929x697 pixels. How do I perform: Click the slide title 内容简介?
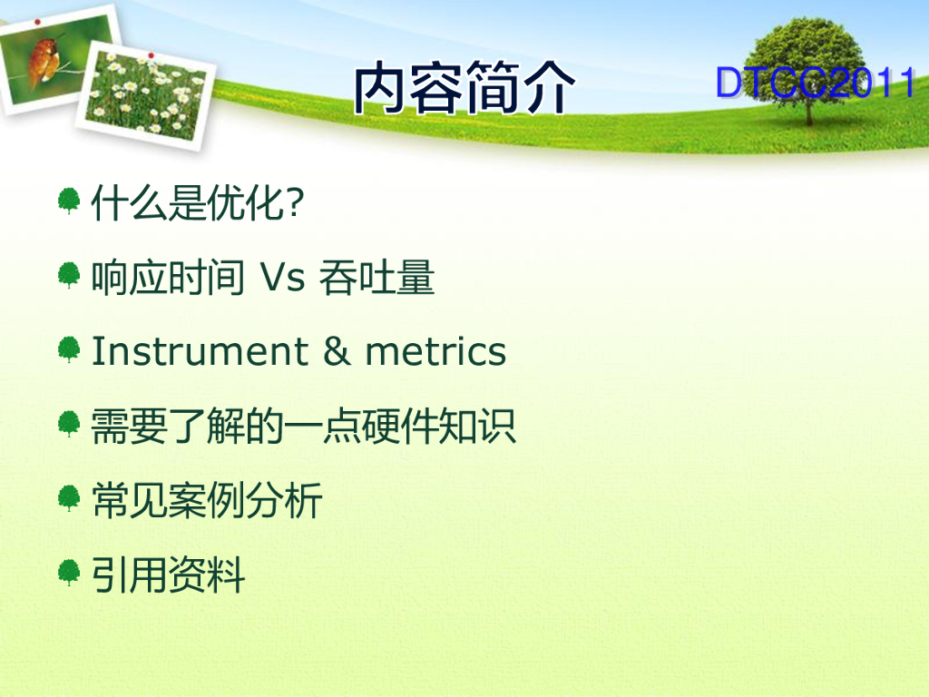tap(464, 87)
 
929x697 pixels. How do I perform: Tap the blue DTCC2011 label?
tap(816, 83)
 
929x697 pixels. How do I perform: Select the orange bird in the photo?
tap(45, 59)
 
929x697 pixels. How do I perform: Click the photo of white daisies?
tap(146, 94)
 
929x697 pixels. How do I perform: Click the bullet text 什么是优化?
tap(197, 202)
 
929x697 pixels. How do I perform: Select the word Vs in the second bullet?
tap(282, 278)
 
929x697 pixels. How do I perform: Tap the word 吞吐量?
tap(376, 278)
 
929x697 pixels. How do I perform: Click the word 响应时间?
tap(168, 278)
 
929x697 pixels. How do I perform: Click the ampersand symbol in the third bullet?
tap(337, 351)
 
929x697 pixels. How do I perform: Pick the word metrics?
tap(435, 351)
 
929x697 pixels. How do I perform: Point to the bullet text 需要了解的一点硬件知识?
tap(303, 427)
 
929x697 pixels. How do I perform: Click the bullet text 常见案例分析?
tap(207, 501)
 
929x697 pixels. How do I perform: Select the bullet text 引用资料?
tap(168, 574)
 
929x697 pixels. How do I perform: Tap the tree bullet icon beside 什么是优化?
tap(69, 201)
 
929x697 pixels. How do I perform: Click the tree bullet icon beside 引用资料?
tap(69, 573)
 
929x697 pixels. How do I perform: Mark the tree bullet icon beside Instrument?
tap(69, 349)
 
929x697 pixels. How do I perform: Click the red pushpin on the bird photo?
tap(37, 22)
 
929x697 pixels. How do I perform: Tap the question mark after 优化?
tap(295, 202)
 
